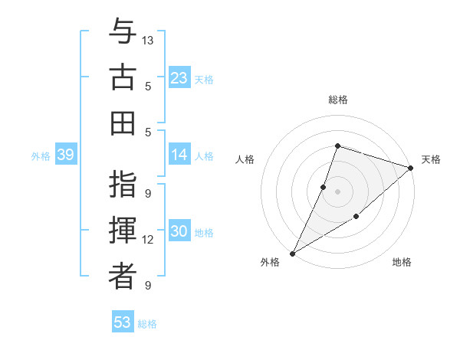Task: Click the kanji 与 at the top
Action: click(123, 32)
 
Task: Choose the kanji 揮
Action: click(123, 232)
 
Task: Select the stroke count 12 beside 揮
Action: click(149, 240)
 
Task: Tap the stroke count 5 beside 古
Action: click(147, 86)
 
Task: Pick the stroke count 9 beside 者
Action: click(147, 286)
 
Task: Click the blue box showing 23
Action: click(179, 78)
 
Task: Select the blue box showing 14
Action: click(179, 155)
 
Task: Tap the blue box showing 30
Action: click(179, 232)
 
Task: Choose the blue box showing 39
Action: click(65, 155)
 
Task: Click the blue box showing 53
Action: click(123, 322)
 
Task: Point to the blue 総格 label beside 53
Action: click(147, 324)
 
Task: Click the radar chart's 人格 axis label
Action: click(245, 159)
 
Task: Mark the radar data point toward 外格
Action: click(292, 254)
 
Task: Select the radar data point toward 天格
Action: click(411, 169)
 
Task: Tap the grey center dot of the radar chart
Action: click(337, 191)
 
